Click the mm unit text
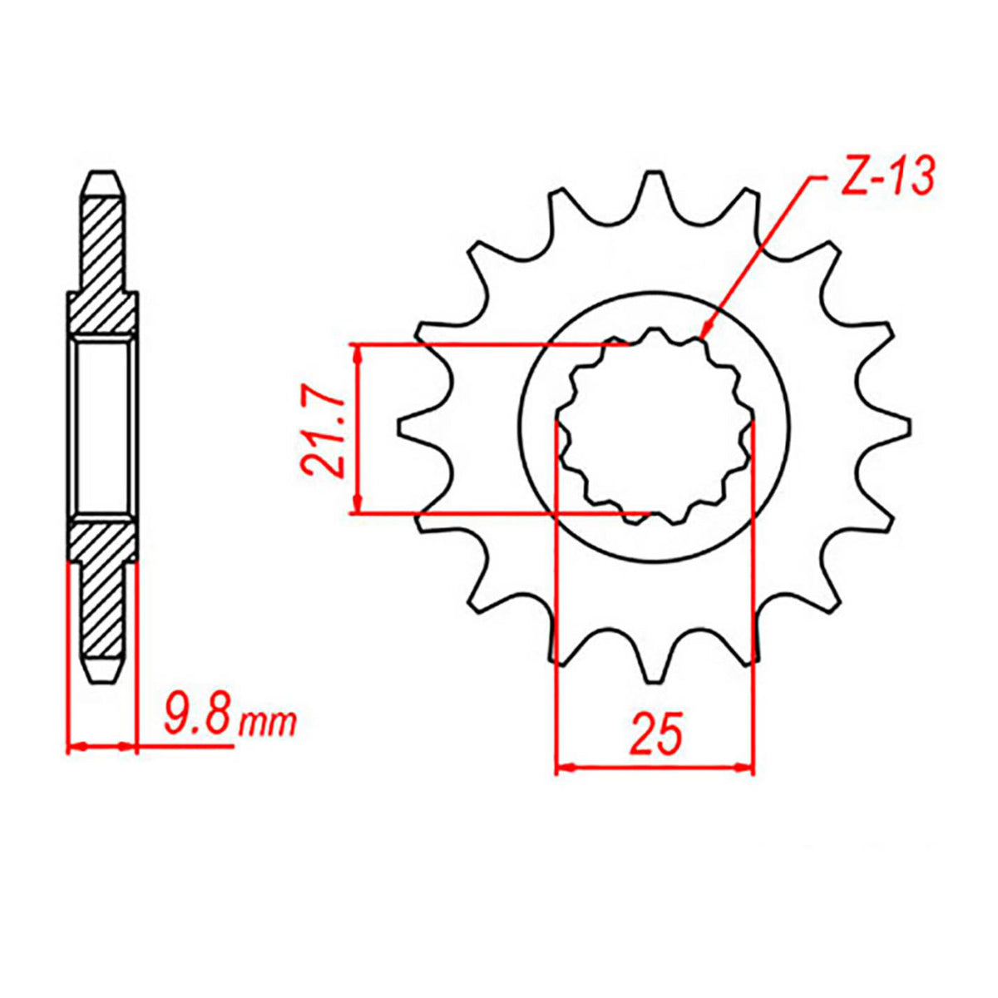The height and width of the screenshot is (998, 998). pos(267,723)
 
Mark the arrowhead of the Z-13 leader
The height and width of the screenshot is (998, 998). pos(704,334)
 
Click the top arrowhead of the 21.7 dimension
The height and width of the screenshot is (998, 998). pos(358,352)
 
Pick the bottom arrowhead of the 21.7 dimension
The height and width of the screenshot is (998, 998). pos(358,505)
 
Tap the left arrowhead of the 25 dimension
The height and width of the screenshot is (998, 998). pos(563,766)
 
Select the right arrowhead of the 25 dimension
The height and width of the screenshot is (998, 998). pos(745,766)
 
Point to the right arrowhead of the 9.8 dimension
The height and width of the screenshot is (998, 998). pos(126,746)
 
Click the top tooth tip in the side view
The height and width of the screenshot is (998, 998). pos(103,177)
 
